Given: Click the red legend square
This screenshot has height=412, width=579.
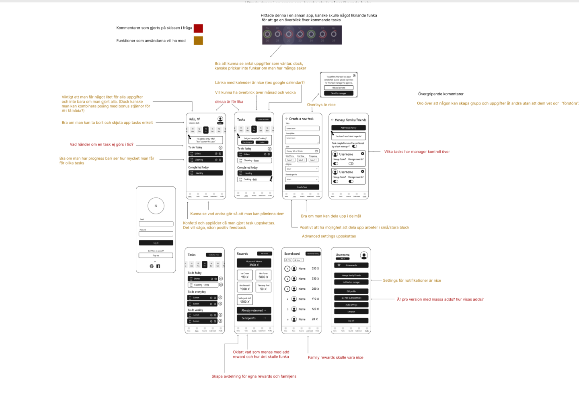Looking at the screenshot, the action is (198, 28).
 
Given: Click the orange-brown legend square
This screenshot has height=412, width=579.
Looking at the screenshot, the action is (198, 41).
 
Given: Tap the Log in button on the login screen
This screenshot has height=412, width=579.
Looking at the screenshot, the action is (156, 243).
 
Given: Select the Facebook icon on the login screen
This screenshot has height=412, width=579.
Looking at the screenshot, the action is (158, 266).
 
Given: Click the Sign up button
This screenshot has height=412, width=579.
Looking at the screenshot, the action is (156, 255).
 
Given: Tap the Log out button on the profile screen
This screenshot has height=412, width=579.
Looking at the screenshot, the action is (351, 321).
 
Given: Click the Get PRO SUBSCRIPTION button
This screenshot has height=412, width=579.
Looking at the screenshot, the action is (351, 298).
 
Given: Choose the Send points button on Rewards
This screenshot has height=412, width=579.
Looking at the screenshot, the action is (254, 318).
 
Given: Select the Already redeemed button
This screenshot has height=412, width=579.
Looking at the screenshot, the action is (254, 310).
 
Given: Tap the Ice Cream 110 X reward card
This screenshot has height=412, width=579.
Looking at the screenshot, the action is (245, 276).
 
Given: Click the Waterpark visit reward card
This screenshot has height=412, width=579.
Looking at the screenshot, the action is (245, 300).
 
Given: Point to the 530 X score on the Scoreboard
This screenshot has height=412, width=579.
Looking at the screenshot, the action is (315, 268).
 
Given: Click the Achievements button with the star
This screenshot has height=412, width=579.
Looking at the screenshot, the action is (351, 265).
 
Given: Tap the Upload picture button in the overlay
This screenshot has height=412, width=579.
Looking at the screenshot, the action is (339, 88).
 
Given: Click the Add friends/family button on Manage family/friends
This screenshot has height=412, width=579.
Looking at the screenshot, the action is (348, 128).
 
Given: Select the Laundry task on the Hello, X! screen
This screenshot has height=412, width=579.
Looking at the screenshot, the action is (205, 173).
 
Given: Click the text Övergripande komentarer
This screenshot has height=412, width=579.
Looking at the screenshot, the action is (441, 94).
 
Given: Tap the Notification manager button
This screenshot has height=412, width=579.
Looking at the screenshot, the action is (351, 282).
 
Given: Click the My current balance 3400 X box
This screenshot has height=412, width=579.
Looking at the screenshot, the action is (254, 263).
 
